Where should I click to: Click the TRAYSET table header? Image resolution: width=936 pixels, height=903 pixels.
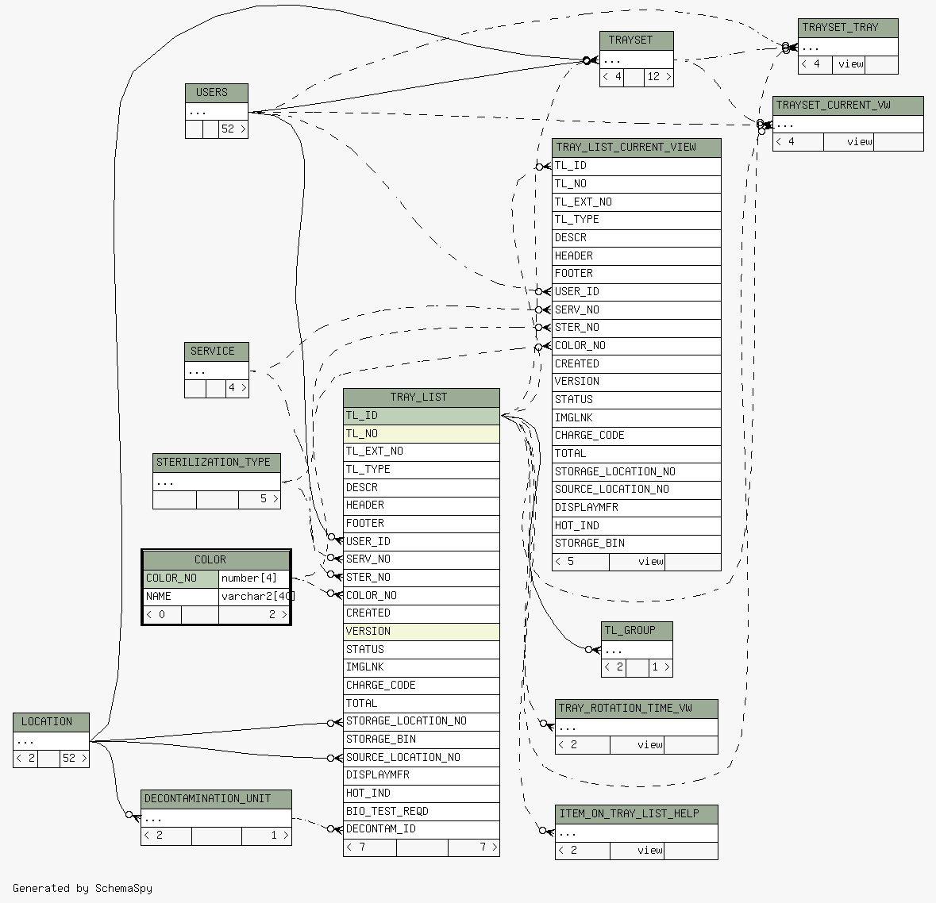click(636, 40)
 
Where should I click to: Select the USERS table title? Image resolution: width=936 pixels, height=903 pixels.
click(216, 93)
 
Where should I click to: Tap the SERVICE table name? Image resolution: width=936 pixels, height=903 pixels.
click(216, 352)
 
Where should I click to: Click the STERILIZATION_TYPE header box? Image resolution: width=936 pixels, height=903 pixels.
click(216, 463)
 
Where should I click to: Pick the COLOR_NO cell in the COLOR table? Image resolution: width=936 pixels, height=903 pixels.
click(181, 578)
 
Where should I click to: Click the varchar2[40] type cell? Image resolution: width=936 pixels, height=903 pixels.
click(254, 597)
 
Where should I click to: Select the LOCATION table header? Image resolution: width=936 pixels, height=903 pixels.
click(51, 722)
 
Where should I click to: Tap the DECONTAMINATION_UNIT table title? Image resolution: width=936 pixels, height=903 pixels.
click(216, 799)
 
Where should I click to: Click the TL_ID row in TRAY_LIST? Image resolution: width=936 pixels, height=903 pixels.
click(421, 416)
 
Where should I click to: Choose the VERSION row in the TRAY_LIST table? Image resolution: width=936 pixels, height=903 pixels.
click(421, 632)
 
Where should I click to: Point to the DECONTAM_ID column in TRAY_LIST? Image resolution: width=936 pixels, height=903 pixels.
click(421, 829)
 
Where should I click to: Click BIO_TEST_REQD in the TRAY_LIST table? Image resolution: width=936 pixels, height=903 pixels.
click(421, 811)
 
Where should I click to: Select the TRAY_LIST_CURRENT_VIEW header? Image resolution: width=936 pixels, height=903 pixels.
click(636, 148)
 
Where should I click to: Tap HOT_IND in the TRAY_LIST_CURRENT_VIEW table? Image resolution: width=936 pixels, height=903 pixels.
click(636, 525)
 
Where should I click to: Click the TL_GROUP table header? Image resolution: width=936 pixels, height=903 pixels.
click(637, 631)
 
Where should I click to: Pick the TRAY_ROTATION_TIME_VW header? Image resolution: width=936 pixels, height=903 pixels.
click(636, 709)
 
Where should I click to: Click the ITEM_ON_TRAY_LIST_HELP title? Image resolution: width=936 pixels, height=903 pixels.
click(636, 814)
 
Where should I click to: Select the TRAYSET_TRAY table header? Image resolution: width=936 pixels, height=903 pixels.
click(848, 28)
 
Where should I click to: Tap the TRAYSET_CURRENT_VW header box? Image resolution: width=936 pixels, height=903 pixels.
click(848, 106)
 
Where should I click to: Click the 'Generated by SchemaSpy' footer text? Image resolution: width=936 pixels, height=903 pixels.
click(83, 889)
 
